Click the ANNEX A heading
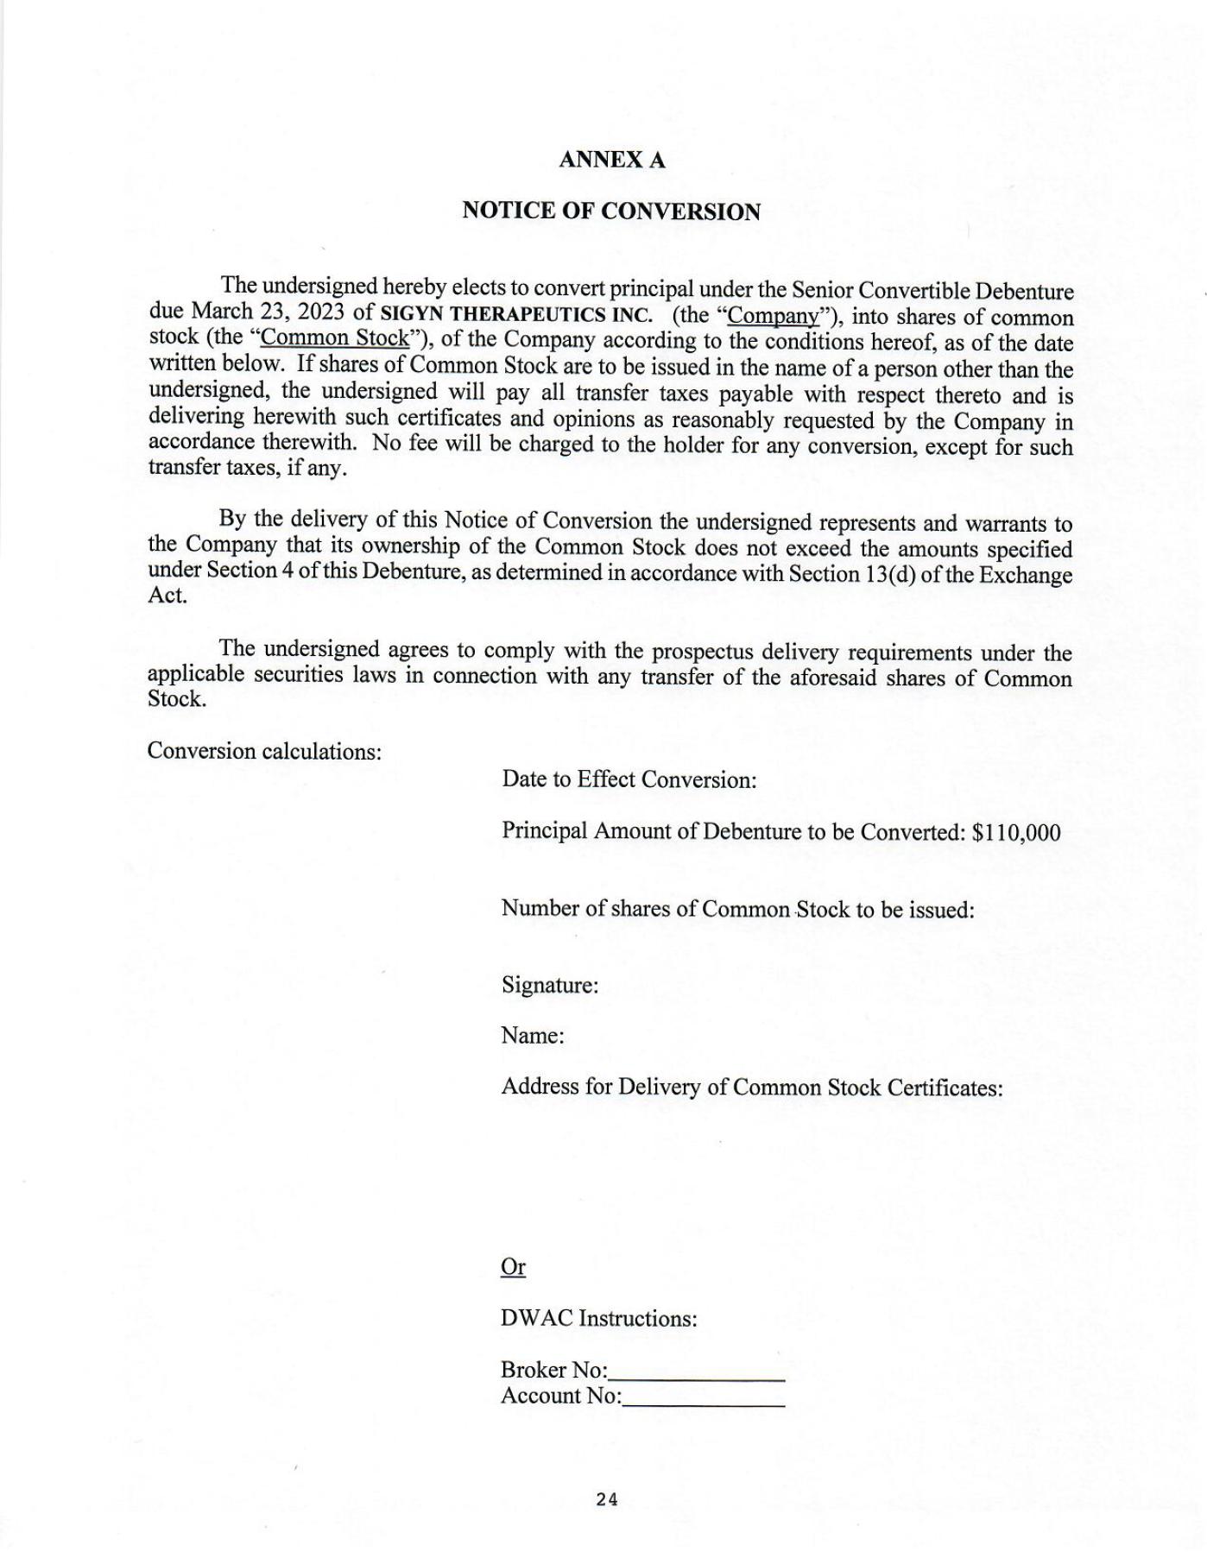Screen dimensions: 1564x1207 coord(611,160)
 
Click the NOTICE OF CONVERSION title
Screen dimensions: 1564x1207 coord(611,211)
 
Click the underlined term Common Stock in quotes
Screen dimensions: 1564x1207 coord(340,337)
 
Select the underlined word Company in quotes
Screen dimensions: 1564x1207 coord(773,315)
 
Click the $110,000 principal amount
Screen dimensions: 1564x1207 coord(1016,832)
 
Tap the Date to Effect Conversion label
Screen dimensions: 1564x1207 coord(629,780)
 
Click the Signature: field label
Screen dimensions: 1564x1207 coord(550,985)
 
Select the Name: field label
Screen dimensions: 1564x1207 coord(533,1036)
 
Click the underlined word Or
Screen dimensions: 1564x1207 coord(513,1267)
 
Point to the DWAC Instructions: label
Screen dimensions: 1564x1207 coord(598,1319)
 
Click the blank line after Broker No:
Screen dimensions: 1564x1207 coord(697,1372)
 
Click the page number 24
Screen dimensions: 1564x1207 coord(607,1500)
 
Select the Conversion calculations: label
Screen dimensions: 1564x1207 coord(264,751)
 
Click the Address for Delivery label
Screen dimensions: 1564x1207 coord(751,1088)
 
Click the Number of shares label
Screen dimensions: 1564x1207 coord(737,909)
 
